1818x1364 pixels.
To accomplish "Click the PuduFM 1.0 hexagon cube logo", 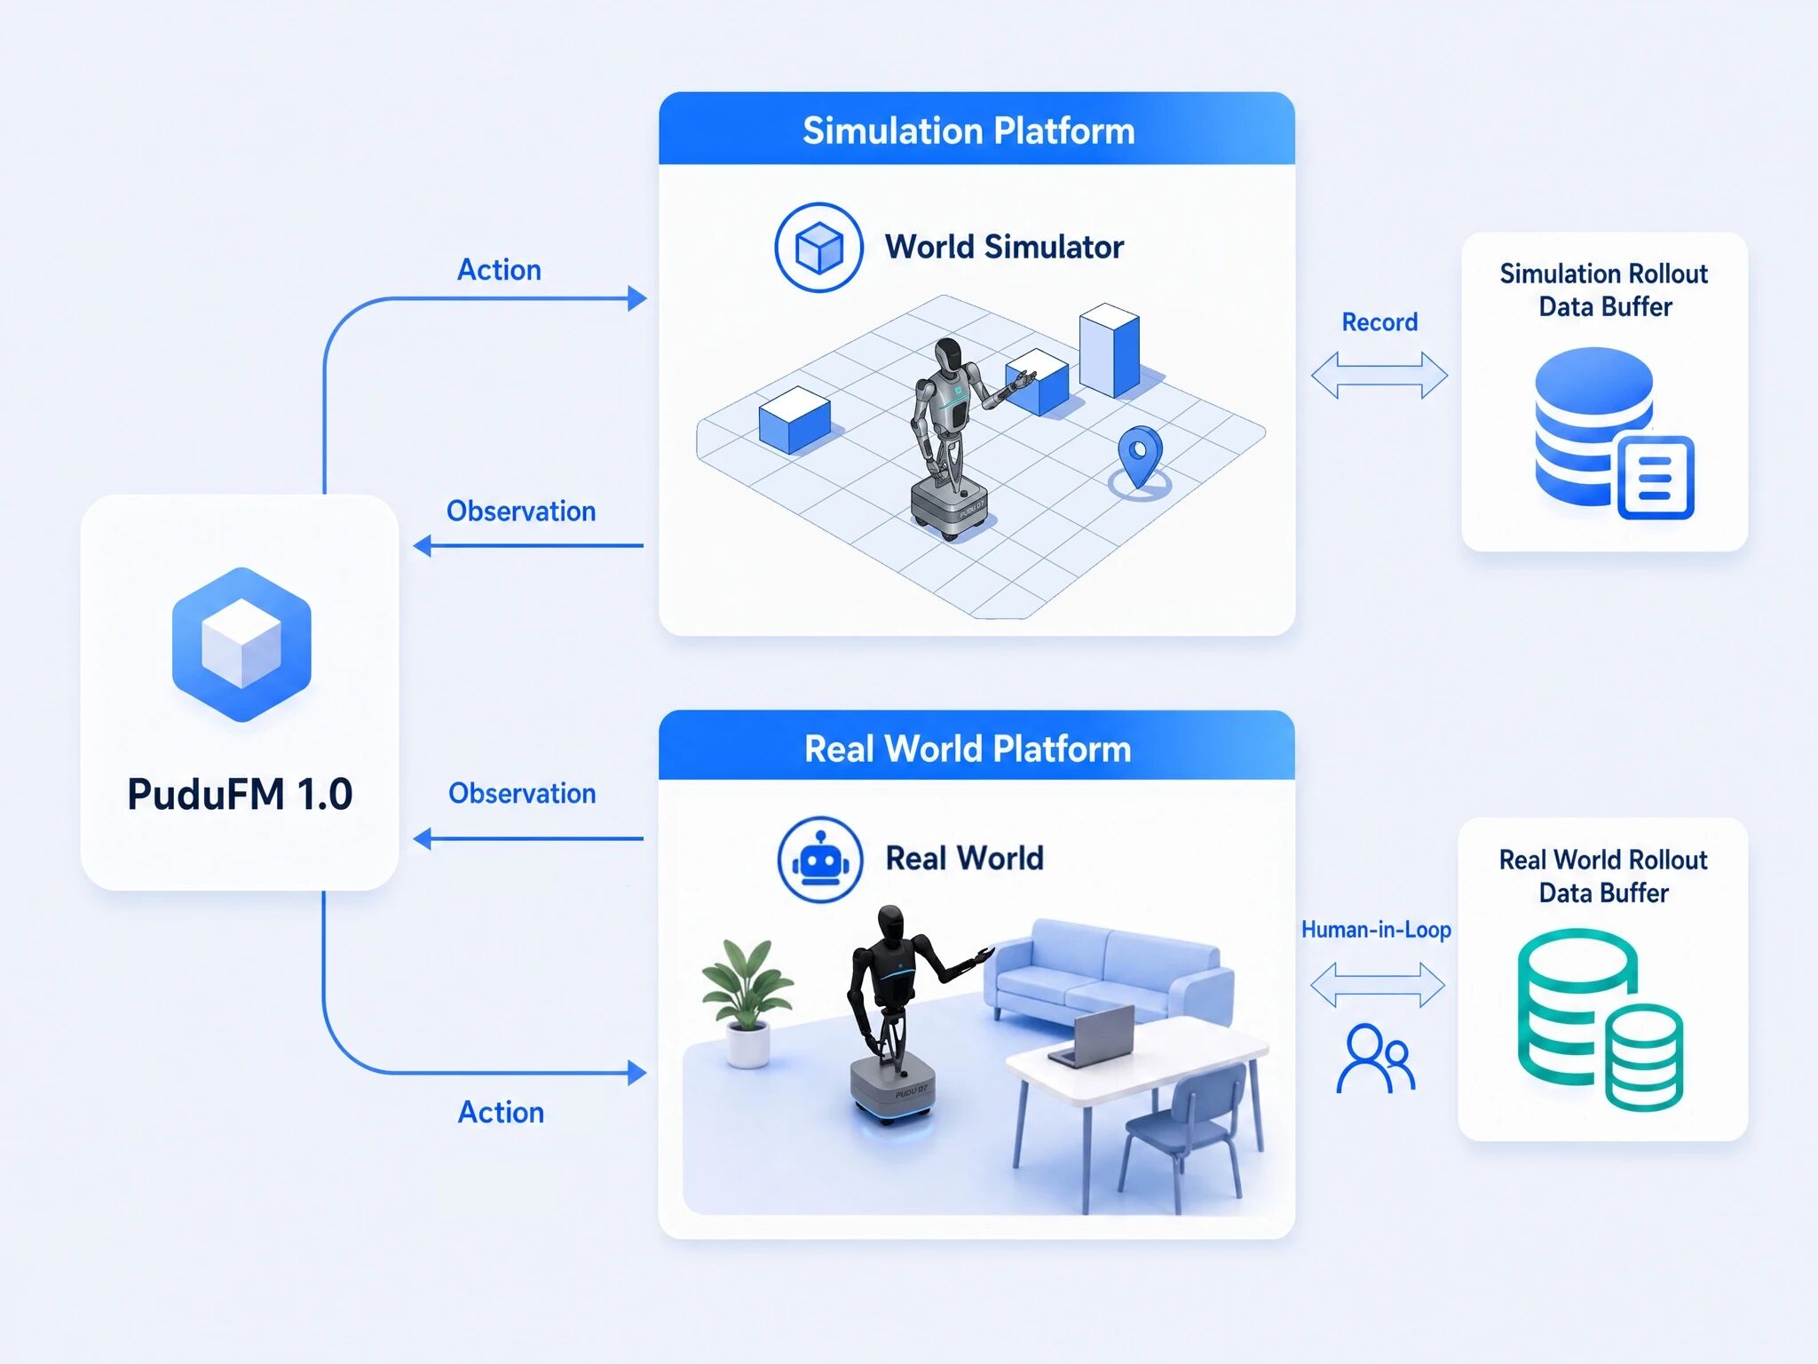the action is (x=241, y=645).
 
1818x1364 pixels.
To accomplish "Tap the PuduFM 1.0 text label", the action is (x=240, y=794).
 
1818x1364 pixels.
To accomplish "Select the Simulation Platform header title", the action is (x=968, y=131).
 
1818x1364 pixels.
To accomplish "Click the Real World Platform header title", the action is (x=968, y=749).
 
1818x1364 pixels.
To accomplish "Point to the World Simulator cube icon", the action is (x=818, y=247).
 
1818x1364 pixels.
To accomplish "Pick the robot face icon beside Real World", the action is (x=820, y=860).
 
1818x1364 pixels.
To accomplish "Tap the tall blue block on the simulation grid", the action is (x=1110, y=350).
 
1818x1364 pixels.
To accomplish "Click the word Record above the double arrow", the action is (x=1379, y=321).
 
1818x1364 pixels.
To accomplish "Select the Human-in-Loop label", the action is (x=1376, y=930).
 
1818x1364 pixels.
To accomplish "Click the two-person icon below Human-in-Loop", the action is (x=1375, y=1058).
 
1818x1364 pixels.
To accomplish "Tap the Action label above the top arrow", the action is (x=499, y=270).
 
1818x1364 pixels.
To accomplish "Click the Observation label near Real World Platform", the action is (x=522, y=793).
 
